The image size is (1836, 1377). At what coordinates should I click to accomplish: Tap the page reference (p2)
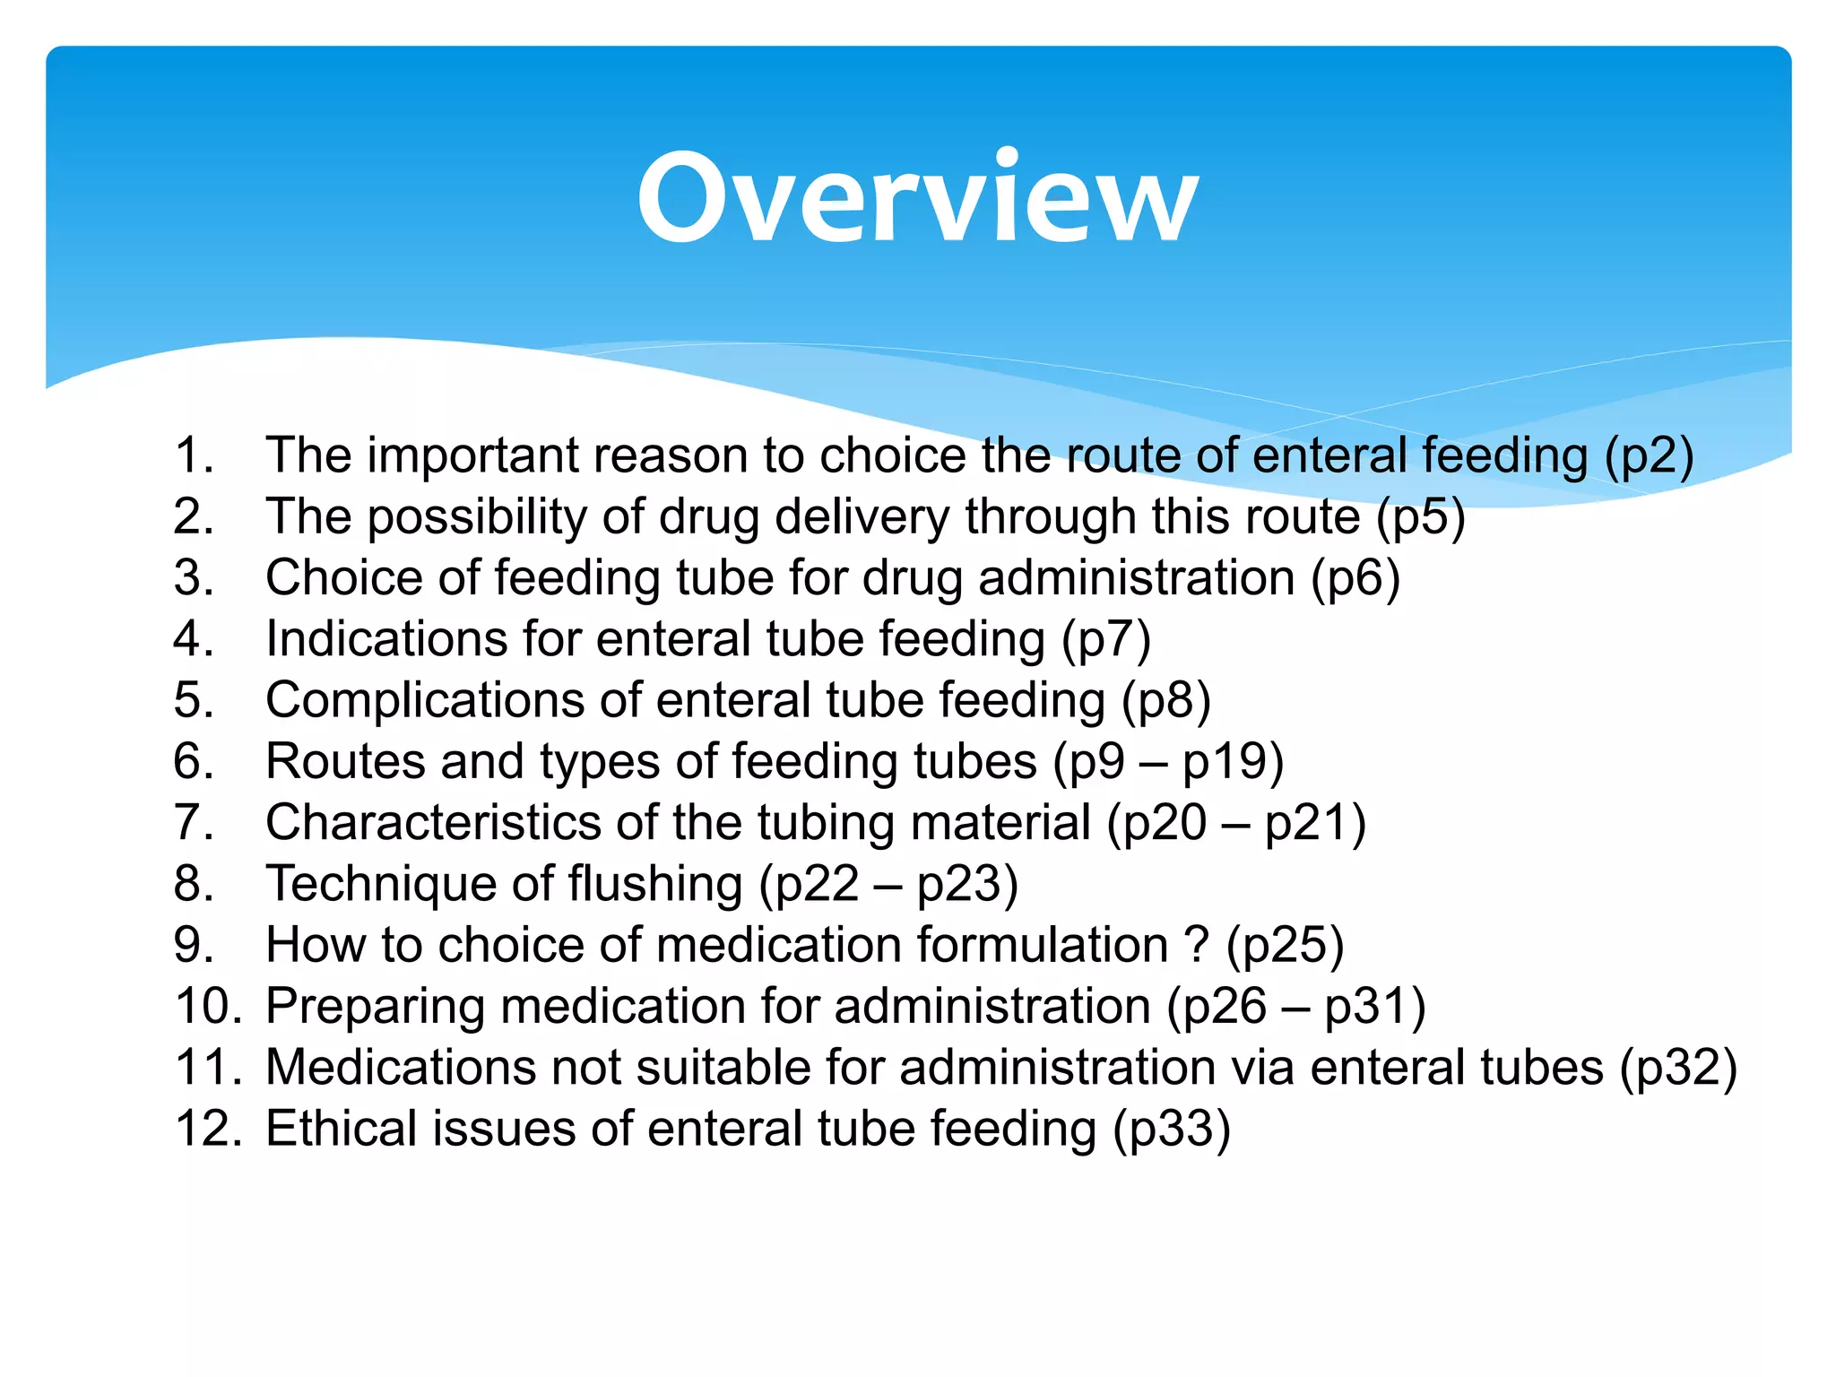point(1649,456)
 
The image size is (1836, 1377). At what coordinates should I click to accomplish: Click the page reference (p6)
point(1355,578)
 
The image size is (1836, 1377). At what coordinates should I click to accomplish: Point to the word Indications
point(386,639)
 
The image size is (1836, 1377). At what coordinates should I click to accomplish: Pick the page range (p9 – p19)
point(1168,762)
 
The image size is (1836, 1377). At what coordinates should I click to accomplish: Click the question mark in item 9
point(1197,945)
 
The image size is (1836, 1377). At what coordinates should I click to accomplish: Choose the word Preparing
point(375,1006)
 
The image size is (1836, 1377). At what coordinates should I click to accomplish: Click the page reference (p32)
point(1678,1068)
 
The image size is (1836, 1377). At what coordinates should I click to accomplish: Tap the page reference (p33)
point(1171,1129)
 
